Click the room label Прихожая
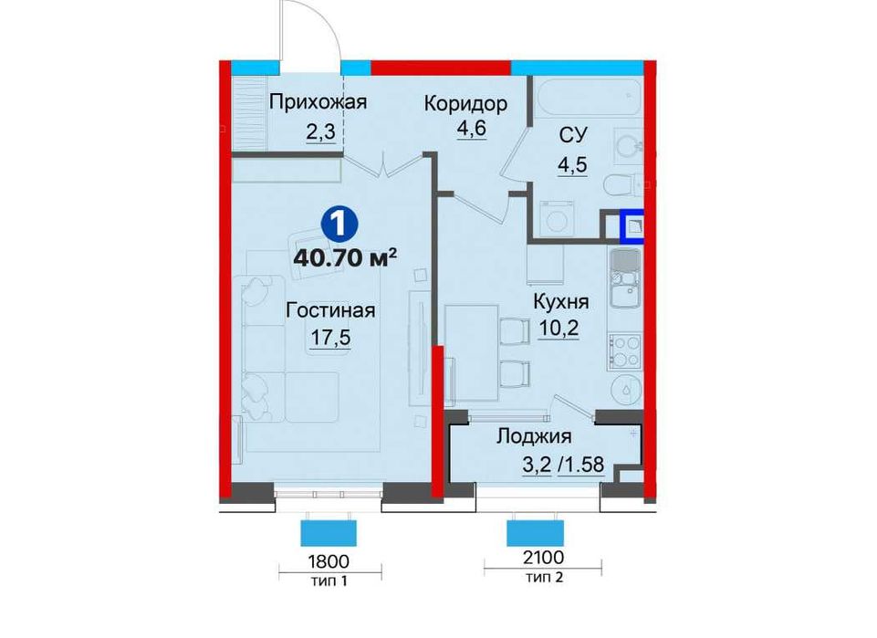pos(317,102)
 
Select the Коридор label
pos(465,102)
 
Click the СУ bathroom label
pos(572,137)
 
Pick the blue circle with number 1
pos(339,222)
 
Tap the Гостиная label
pos(330,310)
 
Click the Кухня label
pos(561,302)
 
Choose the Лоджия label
pos(534,436)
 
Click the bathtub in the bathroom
pos(584,96)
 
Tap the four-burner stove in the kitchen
pos(625,349)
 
